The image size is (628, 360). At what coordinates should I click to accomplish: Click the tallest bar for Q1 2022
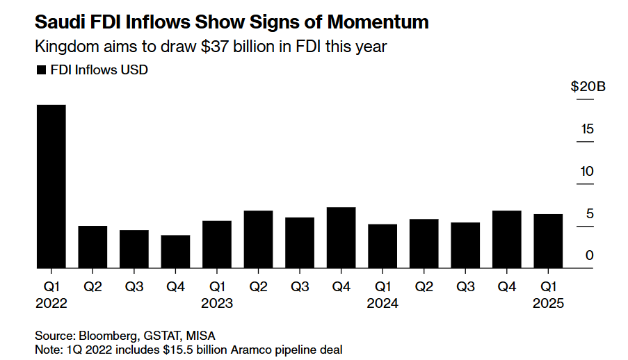coord(51,186)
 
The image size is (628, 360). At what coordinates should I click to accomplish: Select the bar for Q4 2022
coord(175,252)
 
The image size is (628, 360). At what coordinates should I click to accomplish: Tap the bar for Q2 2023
coord(258,239)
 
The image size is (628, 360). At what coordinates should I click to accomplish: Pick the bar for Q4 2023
coord(341,238)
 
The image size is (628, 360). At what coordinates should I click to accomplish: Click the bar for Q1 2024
coord(383,246)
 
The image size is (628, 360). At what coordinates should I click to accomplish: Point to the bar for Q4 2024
coord(507,239)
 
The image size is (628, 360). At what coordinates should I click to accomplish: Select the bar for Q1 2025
coord(548,241)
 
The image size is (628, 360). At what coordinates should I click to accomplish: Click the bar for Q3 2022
coord(134,249)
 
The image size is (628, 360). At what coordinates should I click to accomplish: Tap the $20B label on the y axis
coord(588,86)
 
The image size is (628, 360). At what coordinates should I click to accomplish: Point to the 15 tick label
coord(587,129)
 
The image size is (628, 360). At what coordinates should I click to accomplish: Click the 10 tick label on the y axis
coord(587,172)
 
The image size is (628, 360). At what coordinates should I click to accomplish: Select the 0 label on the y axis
coord(589,255)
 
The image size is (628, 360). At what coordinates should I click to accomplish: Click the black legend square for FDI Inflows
coord(41,70)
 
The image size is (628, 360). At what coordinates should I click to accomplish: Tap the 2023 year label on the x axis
coord(217,303)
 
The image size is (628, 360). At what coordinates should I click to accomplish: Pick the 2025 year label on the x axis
coord(548,303)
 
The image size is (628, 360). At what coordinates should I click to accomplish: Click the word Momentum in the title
coord(378,22)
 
